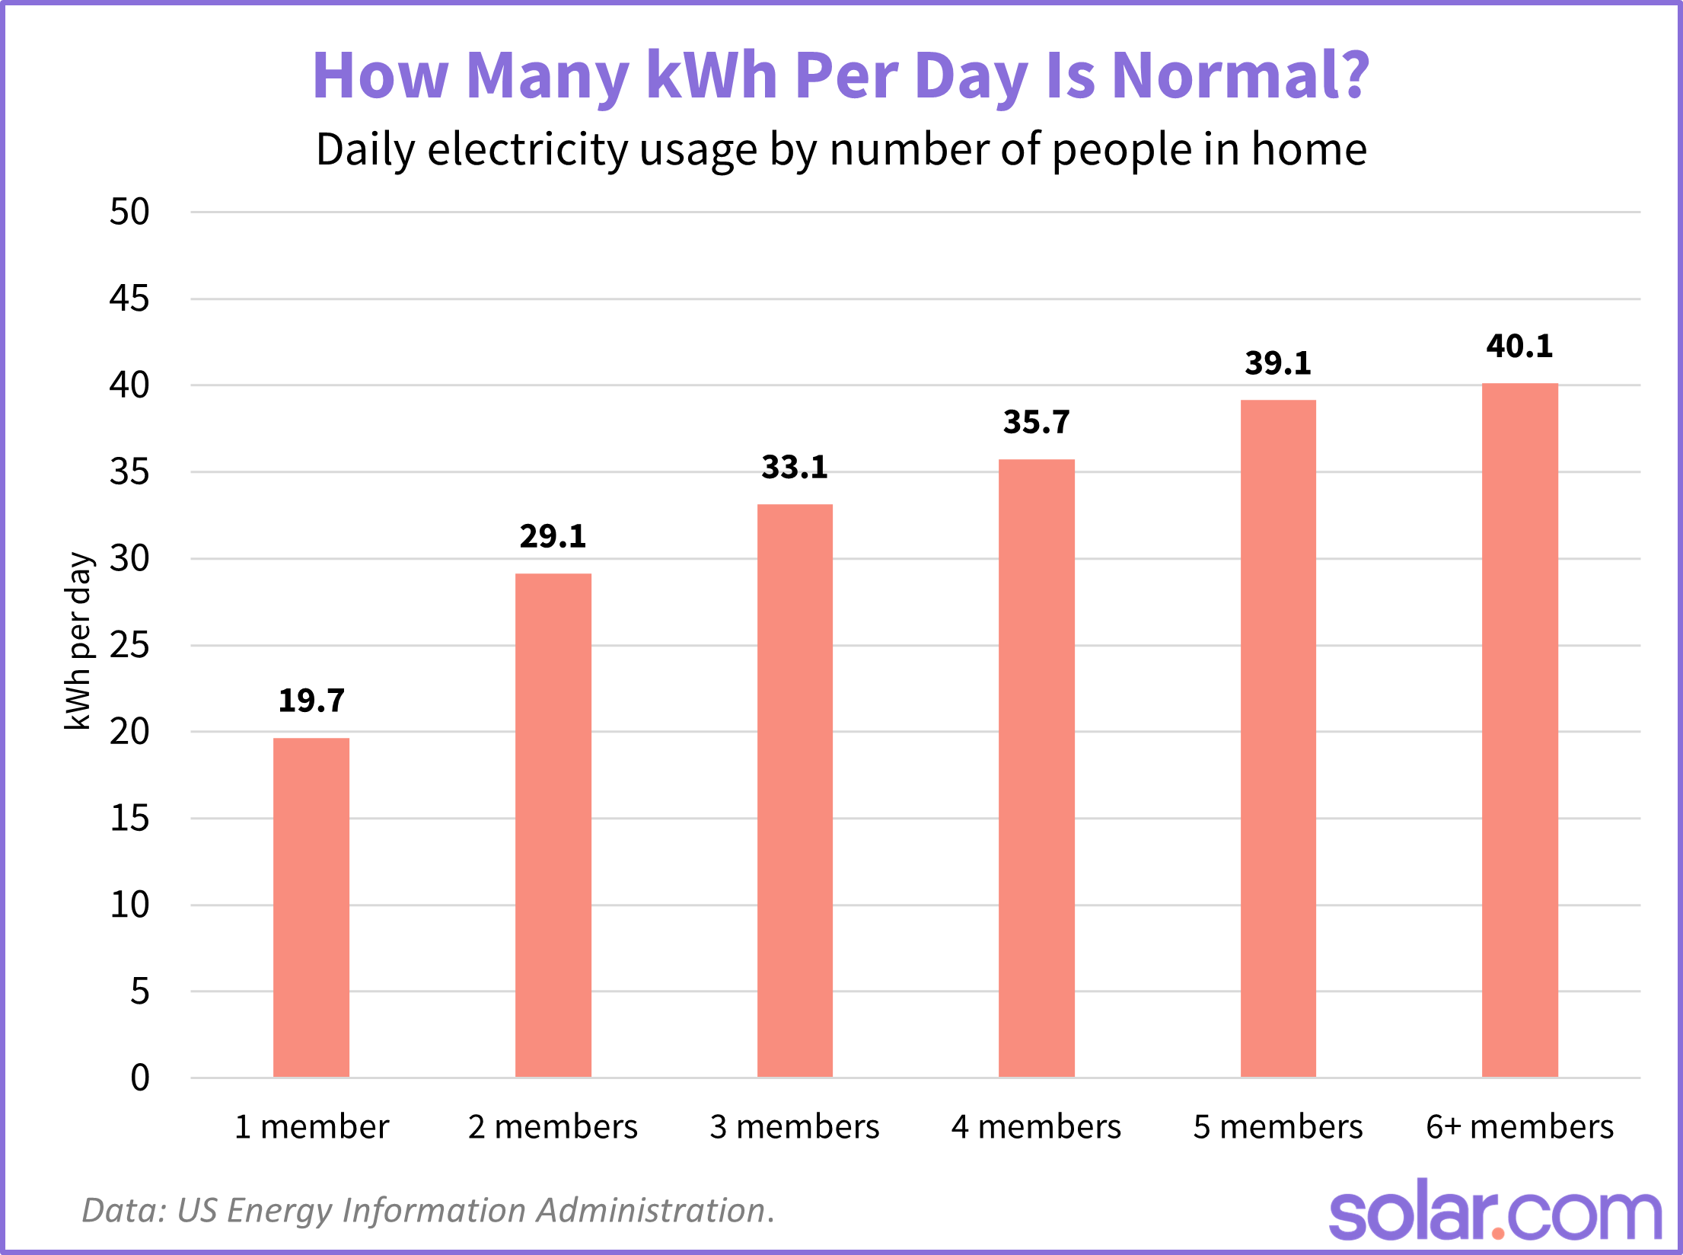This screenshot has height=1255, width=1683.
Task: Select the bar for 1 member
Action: tap(311, 906)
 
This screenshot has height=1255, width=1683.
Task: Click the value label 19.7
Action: tap(311, 701)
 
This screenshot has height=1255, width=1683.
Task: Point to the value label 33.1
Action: tap(795, 467)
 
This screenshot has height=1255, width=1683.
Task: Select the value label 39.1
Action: tap(1278, 362)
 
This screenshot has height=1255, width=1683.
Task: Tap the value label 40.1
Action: tap(1519, 346)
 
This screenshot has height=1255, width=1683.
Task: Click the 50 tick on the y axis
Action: tap(129, 212)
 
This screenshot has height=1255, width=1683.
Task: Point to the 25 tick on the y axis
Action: tap(129, 646)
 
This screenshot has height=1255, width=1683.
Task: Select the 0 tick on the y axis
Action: tap(140, 1078)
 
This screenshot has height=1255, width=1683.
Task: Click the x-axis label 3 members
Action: tap(795, 1126)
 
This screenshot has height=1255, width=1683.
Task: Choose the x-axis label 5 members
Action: tap(1278, 1126)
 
